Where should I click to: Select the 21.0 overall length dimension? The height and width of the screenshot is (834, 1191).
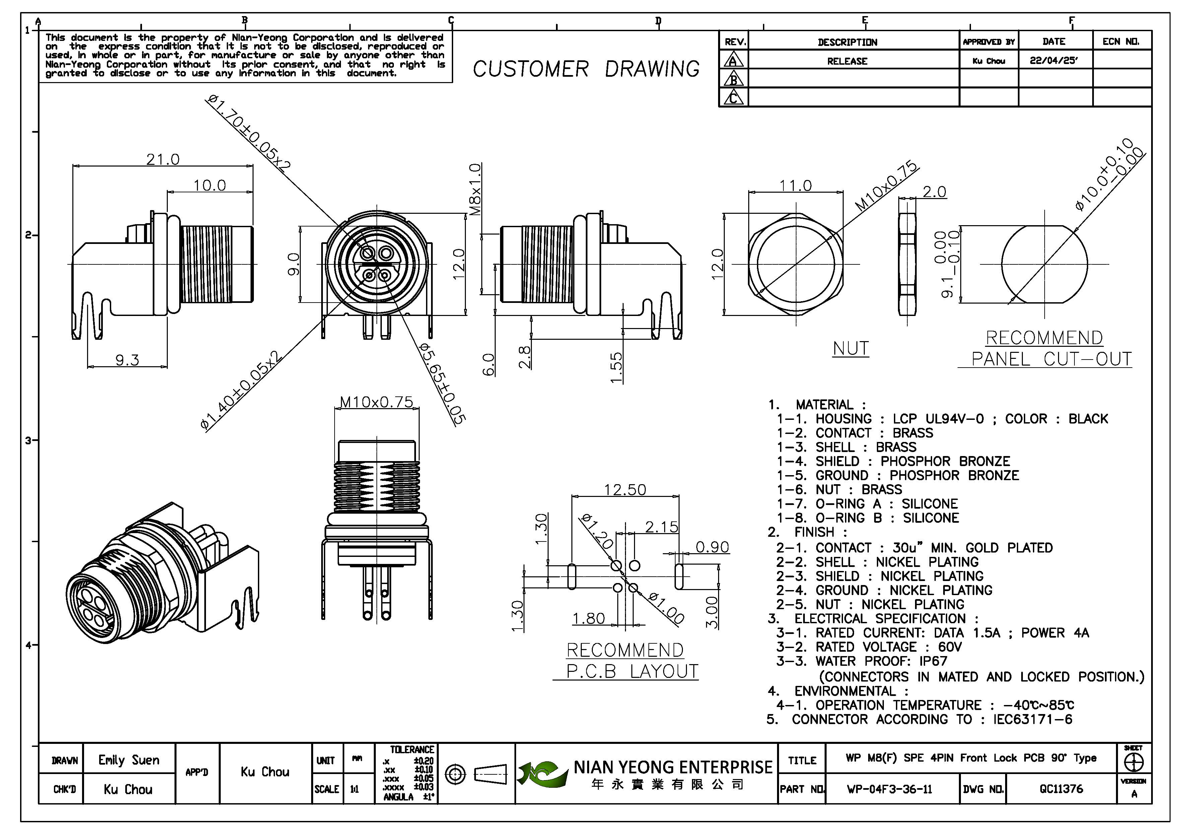pos(163,159)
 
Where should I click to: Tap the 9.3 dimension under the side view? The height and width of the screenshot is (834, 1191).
pos(127,360)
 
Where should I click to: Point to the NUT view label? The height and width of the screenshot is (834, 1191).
pos(851,348)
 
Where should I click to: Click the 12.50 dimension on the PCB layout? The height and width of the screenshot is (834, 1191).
pos(625,490)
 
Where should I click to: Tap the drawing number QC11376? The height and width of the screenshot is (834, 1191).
pos(1061,789)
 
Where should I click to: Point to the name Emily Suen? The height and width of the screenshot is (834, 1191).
pos(129,760)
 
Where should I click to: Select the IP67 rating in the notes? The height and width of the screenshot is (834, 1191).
pos(933,661)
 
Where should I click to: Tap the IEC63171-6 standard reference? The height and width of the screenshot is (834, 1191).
pos(1032,719)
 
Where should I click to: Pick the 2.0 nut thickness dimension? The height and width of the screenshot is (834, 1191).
pos(934,192)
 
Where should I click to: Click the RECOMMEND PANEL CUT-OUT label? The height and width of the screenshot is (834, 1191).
pos(1045,348)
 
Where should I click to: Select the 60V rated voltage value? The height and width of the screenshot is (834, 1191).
pos(950,647)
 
